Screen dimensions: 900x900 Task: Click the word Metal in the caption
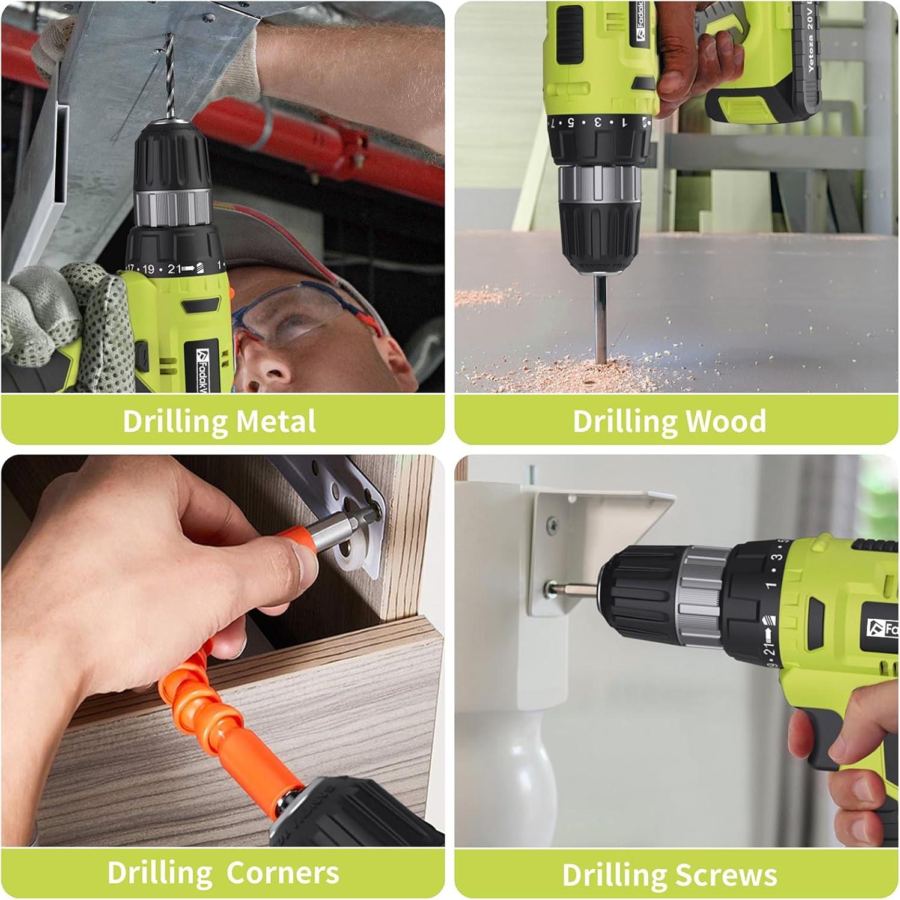276,421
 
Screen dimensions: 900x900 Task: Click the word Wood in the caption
725,421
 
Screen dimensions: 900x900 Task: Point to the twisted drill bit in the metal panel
169,78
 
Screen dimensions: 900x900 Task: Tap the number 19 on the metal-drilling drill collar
148,270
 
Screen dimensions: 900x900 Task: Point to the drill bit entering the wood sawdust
600,318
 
